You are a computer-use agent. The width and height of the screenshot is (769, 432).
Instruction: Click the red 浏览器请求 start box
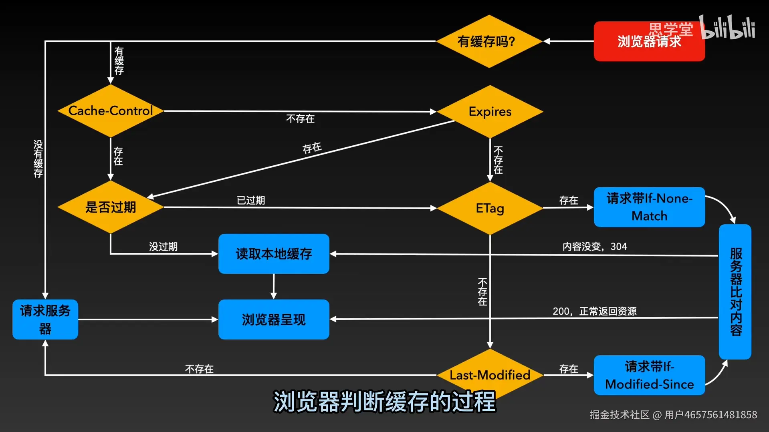pos(649,41)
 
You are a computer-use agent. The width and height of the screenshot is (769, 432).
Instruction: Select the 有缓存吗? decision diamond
pos(488,41)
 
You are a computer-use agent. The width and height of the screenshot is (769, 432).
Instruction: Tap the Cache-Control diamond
pos(111,111)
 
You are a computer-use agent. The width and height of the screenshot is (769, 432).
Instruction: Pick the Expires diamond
pos(490,112)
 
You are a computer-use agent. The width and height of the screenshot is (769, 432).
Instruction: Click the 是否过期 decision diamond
pos(111,207)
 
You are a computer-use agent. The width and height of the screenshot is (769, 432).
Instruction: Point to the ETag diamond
pos(490,208)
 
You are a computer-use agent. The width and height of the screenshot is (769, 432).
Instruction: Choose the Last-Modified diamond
pos(490,375)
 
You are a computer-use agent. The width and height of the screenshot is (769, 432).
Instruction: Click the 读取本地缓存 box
pos(274,254)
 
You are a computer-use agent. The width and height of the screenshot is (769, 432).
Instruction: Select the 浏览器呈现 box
pos(274,319)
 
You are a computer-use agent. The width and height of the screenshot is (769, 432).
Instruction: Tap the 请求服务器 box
pos(45,319)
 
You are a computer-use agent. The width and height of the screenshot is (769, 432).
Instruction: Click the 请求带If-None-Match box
pos(649,207)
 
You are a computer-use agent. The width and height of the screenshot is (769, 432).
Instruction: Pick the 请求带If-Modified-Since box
pos(649,375)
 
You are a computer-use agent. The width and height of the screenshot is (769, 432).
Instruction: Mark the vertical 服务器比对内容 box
pos(735,291)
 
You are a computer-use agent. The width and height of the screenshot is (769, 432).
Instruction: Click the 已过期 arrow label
pos(251,200)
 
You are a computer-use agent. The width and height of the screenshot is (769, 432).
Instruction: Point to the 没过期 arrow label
pos(163,247)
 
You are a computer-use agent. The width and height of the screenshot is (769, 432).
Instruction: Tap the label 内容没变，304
pos(595,247)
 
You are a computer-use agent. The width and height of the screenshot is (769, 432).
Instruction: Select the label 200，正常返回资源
pos(595,311)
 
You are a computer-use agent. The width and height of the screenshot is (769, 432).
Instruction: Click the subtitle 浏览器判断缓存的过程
pos(384,402)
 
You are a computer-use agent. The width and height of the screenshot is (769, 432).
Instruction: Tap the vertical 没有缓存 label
pos(38,159)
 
